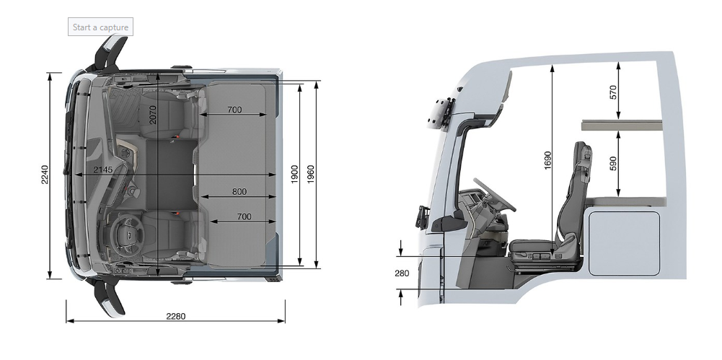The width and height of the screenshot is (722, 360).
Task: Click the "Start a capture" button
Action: coord(100,27)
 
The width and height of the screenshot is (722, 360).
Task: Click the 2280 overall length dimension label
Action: coord(176,316)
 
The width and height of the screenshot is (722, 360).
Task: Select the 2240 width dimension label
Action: coord(45,175)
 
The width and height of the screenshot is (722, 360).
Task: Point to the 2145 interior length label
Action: coord(102,170)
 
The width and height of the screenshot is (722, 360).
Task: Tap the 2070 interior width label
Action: coord(153,115)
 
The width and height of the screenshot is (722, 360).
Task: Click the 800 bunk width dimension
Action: coord(239,191)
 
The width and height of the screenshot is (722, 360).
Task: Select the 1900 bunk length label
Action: coord(295,174)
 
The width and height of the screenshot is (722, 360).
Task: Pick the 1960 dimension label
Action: coord(311,174)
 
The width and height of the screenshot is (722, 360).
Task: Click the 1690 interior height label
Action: coord(547,160)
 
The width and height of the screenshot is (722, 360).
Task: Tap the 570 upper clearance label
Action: coord(613,92)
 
